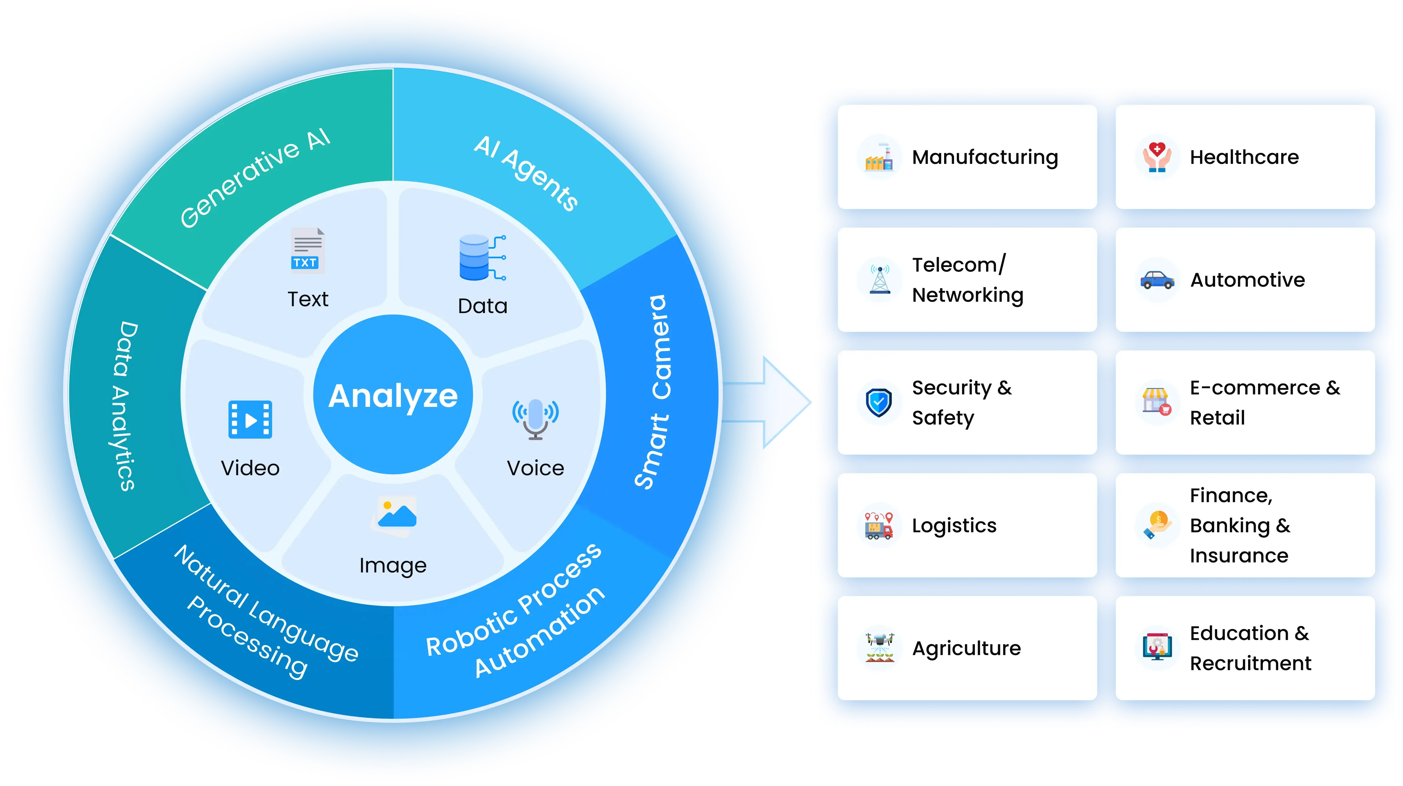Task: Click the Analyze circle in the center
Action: (393, 395)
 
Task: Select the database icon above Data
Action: (481, 258)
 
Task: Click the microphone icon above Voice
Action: (535, 418)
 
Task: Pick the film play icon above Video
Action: (250, 419)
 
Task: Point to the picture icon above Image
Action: (395, 515)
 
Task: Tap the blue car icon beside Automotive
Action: (1157, 280)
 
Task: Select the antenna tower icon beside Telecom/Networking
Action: (880, 279)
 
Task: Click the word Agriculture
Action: (966, 648)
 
